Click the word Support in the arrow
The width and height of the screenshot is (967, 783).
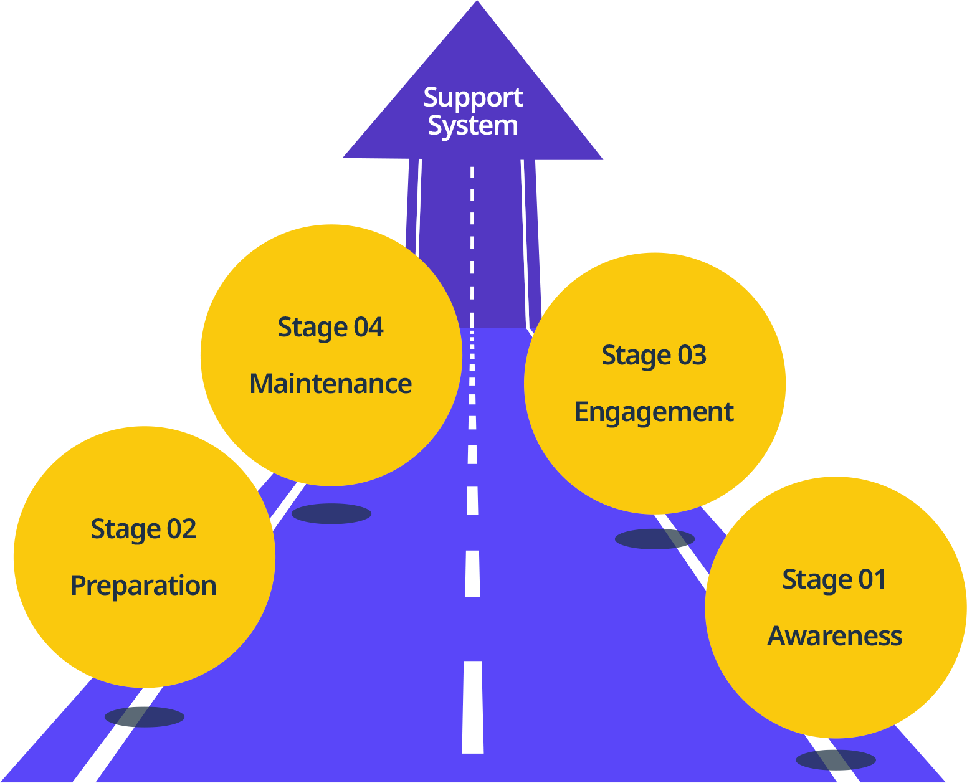[x=473, y=98]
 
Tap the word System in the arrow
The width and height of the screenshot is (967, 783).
[x=472, y=126]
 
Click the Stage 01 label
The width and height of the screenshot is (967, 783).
[x=834, y=580]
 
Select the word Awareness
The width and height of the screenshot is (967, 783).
[x=834, y=636]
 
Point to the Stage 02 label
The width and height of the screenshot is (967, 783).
[x=143, y=529]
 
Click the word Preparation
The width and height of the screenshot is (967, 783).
[x=143, y=586]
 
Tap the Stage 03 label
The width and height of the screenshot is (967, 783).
[x=654, y=356]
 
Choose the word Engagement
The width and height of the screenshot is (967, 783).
[x=654, y=412]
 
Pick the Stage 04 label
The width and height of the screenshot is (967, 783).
[x=330, y=328]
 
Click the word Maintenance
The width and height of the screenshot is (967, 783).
[x=330, y=384]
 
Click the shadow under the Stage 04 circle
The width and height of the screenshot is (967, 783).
[x=331, y=514]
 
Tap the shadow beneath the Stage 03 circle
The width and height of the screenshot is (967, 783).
[x=654, y=539]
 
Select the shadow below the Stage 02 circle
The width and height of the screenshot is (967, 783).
[x=145, y=716]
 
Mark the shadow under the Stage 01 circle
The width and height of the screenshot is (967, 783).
[x=836, y=760]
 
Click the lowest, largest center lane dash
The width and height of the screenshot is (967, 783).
[x=473, y=707]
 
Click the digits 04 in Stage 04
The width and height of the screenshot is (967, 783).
[x=368, y=328]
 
